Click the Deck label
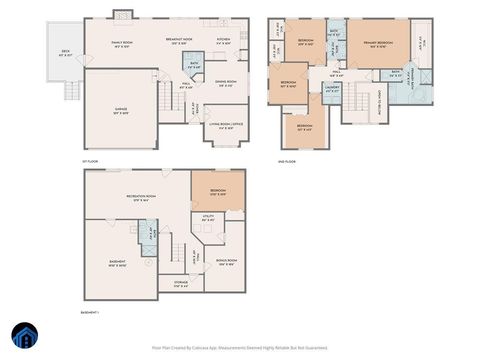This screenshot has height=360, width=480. pyautogui.click(x=67, y=53)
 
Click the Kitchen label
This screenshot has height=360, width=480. pyautogui.click(x=224, y=42)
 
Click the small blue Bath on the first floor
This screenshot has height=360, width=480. pyautogui.click(x=193, y=65)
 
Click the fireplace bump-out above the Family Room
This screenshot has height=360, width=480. pyautogui.click(x=122, y=14)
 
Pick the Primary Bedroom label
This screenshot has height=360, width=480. pyautogui.click(x=377, y=45)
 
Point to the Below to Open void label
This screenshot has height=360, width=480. pyautogui.click(x=382, y=100)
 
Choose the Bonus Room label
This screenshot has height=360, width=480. pyautogui.click(x=226, y=262)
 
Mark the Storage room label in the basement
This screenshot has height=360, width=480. pyautogui.click(x=180, y=285)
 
